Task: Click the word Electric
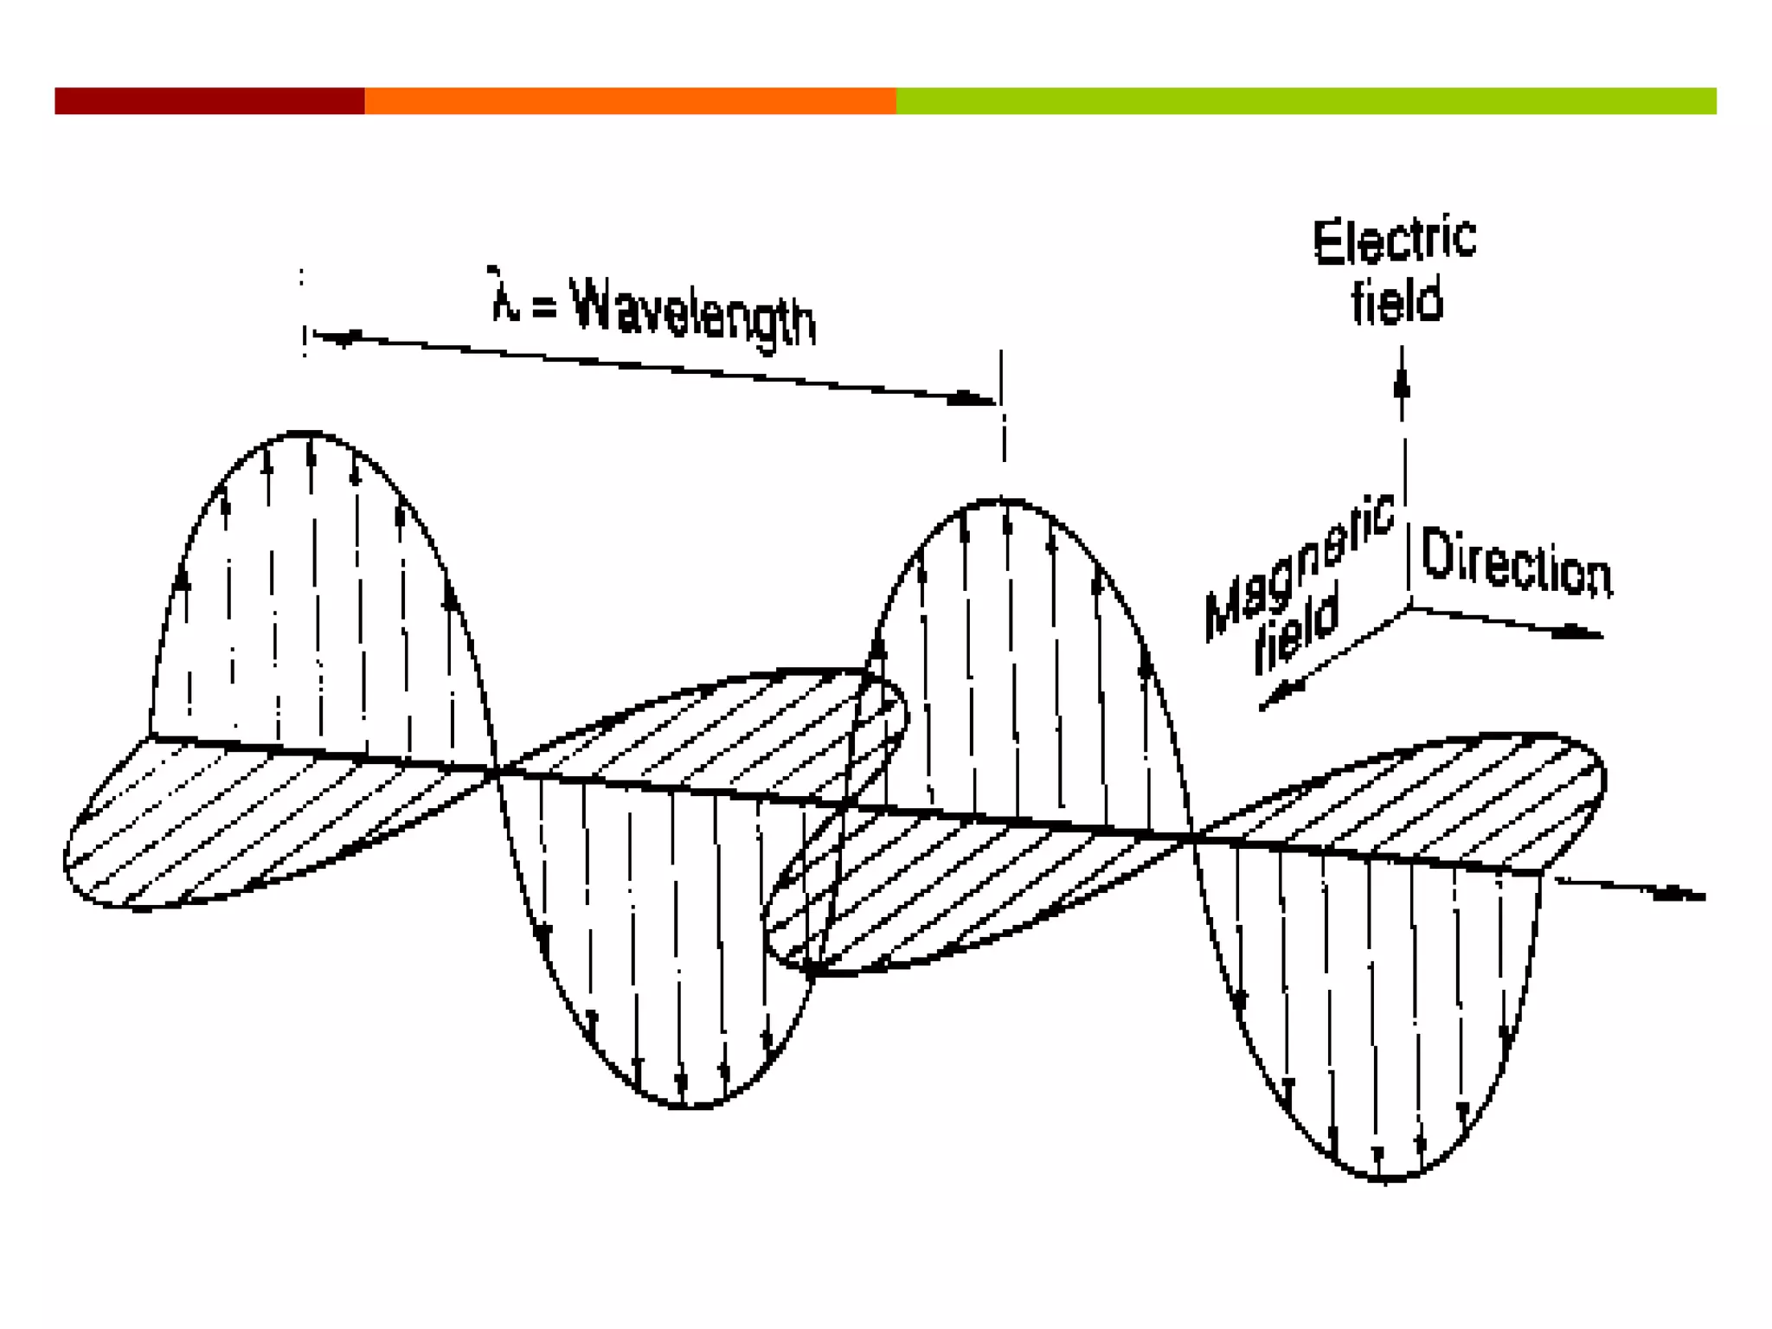(1394, 241)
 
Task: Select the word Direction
(1516, 562)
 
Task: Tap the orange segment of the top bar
(630, 100)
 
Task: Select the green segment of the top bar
(1306, 100)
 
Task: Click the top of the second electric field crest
(1004, 501)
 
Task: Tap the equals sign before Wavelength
(543, 305)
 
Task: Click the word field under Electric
(1396, 301)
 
